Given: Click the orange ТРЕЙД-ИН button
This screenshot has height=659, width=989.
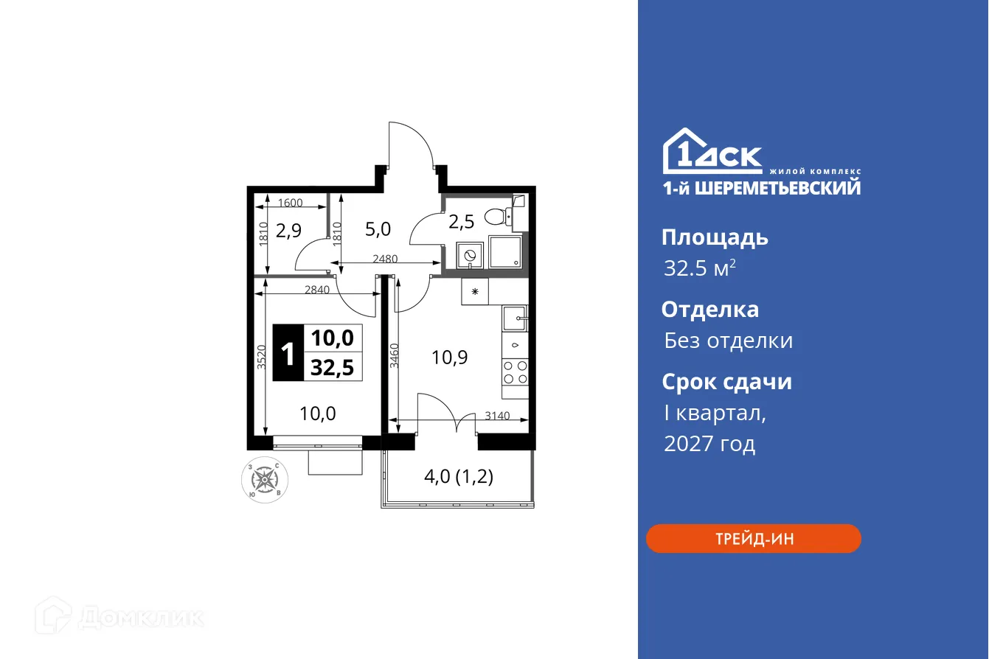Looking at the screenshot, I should [x=753, y=539].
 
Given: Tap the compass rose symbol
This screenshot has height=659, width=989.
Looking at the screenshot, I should [x=265, y=480].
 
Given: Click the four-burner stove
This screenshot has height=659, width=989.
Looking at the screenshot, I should [x=516, y=372].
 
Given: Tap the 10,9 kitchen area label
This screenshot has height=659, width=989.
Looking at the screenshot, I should [x=450, y=358].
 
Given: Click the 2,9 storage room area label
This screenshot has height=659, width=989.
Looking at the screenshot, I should [x=288, y=231].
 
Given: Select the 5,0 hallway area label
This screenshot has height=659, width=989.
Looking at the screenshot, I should [x=378, y=229].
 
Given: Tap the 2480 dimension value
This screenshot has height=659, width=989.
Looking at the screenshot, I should [x=385, y=259].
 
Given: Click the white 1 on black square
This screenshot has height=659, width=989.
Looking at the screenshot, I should [x=288, y=353].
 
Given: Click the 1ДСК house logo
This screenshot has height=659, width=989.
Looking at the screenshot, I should [x=712, y=151].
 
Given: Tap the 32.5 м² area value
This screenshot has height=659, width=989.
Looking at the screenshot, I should [x=699, y=268].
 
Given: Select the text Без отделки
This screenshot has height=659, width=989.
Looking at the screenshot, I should [x=728, y=341].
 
